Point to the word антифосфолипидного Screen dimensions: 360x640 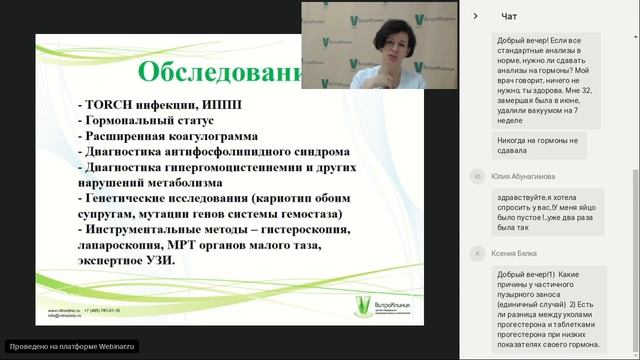point(222,152)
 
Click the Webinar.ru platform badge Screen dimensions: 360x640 point(70,346)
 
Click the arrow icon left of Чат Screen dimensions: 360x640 point(476,15)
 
